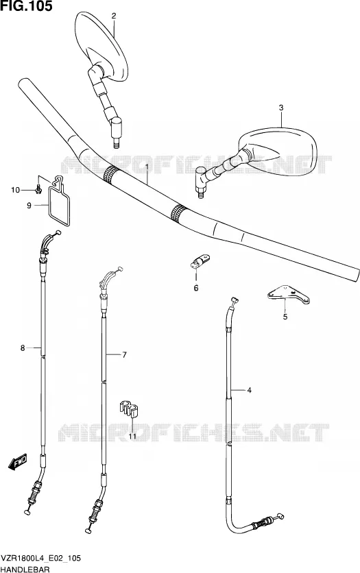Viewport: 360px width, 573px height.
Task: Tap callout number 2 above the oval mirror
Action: tap(114, 15)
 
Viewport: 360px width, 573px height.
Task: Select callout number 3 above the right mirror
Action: tap(280, 108)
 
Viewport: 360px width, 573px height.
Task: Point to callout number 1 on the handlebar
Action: tap(147, 168)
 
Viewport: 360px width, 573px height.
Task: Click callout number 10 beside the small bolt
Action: tap(15, 190)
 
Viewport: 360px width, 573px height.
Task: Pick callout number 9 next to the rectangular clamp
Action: tap(29, 206)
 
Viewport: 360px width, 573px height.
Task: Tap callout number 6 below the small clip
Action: tap(196, 288)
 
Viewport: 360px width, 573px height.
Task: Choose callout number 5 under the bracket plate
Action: tap(285, 317)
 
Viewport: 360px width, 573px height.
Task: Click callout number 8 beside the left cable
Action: tap(23, 348)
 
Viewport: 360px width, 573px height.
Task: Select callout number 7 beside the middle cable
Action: tap(124, 354)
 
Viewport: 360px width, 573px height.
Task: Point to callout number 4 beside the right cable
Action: tap(249, 390)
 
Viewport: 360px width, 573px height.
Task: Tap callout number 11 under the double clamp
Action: tap(132, 437)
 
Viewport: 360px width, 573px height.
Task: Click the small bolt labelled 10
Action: tap(38, 190)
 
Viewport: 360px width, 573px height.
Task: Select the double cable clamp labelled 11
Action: tap(128, 409)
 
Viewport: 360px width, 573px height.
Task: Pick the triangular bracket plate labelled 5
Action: tap(289, 295)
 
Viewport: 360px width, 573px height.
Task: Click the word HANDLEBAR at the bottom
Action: tap(25, 569)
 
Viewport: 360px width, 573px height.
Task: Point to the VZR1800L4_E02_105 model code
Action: tap(41, 559)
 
